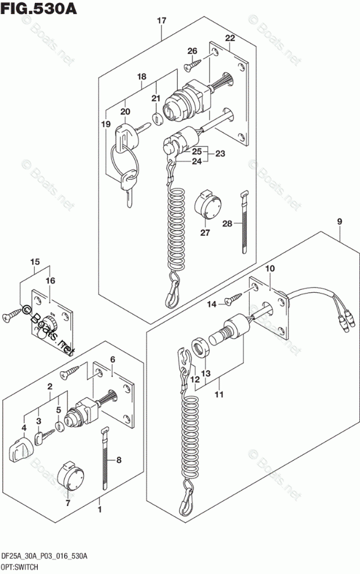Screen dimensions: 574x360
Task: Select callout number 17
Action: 161,21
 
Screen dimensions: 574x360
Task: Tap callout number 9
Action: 339,221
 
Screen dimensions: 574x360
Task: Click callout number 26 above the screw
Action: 192,51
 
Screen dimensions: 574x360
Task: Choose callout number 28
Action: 226,224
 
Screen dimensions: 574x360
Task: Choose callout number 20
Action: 125,112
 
